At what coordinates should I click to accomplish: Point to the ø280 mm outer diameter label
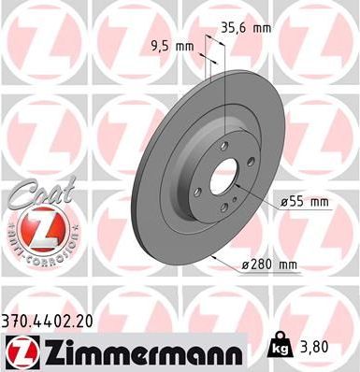pos(269,265)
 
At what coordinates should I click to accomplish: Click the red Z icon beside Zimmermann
pos(20,351)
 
